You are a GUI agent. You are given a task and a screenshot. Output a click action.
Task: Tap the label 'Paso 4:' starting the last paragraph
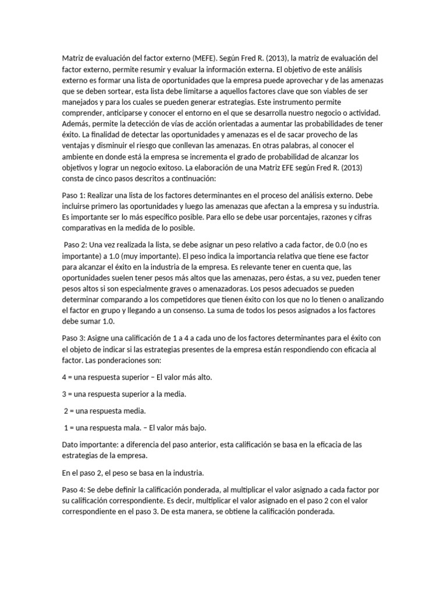pos(74,490)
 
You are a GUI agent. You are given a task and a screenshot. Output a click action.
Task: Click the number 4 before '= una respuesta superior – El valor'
pos(64,377)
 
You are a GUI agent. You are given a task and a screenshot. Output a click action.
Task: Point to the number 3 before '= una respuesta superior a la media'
pos(64,394)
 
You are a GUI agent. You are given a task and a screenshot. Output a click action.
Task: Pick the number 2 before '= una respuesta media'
pos(66,411)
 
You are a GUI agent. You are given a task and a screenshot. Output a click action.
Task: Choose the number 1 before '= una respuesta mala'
pos(66,428)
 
